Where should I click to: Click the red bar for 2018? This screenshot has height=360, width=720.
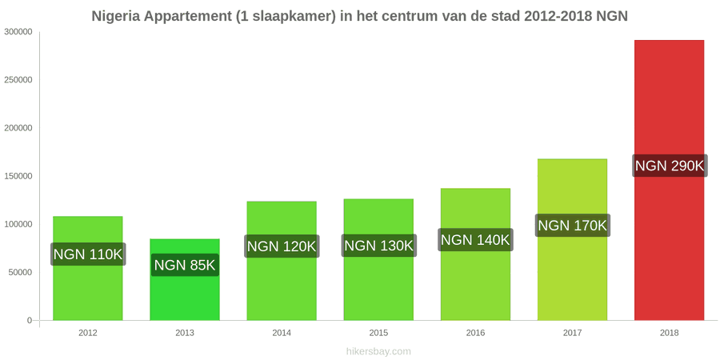(x=669, y=180)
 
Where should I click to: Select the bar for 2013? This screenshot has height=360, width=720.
(x=185, y=279)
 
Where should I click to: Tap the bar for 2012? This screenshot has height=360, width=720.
(x=88, y=268)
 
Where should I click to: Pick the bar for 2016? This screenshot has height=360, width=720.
(x=475, y=254)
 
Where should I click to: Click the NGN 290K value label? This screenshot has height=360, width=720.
(x=670, y=166)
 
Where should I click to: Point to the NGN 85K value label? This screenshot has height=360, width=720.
(x=185, y=265)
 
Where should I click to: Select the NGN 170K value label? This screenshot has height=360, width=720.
(x=573, y=226)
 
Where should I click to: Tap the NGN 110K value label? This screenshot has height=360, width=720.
(x=88, y=254)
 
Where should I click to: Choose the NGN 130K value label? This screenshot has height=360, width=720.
(x=379, y=246)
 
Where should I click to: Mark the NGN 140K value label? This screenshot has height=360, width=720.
(x=475, y=240)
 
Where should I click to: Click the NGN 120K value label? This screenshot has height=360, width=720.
(x=282, y=246)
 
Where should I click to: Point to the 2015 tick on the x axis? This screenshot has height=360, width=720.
(x=378, y=333)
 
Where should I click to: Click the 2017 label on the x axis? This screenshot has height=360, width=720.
(x=572, y=333)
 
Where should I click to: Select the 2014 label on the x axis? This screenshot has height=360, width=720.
(x=282, y=333)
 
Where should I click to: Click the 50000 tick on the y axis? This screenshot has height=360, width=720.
(x=20, y=272)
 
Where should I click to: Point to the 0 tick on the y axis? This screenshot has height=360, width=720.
(x=30, y=320)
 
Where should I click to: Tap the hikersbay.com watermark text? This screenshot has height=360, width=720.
(x=378, y=352)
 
